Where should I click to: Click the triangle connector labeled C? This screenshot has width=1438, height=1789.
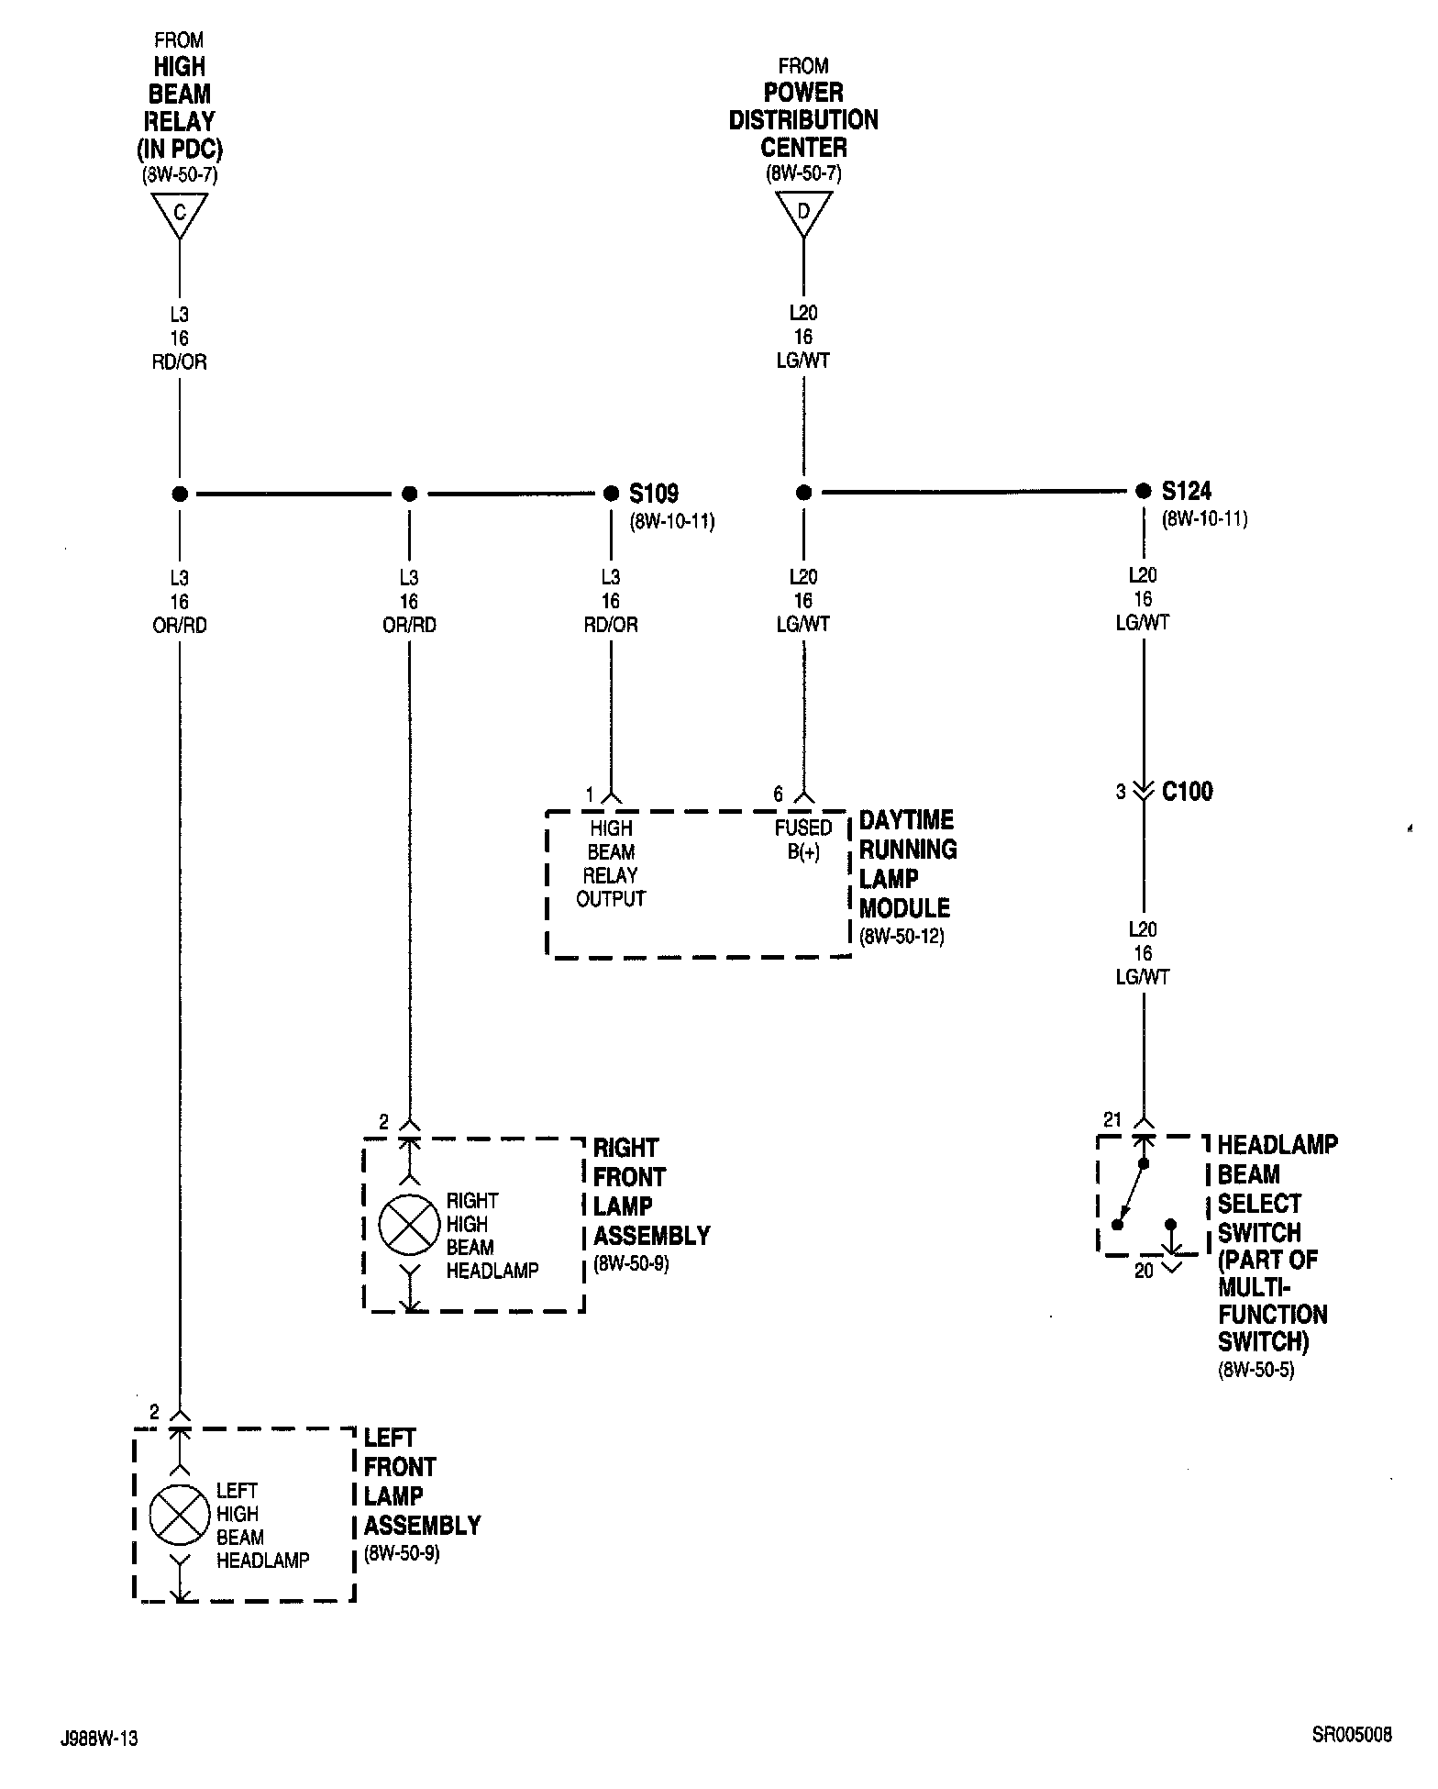click(180, 214)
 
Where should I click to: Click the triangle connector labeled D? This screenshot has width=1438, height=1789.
click(803, 212)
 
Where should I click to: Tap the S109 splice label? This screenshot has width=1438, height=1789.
click(654, 494)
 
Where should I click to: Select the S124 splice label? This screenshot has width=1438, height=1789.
click(1187, 491)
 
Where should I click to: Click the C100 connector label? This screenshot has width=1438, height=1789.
click(1187, 791)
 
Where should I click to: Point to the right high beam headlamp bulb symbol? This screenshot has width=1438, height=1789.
click(409, 1225)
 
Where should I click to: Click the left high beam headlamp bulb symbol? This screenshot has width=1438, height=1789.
click(180, 1514)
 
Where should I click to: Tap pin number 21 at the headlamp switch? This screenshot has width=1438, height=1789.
click(1112, 1119)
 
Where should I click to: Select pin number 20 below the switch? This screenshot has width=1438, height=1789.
click(1144, 1272)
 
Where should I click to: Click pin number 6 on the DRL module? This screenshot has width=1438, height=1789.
click(778, 794)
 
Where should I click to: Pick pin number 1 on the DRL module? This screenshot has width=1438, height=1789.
click(591, 794)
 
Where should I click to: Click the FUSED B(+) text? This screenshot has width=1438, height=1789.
click(803, 839)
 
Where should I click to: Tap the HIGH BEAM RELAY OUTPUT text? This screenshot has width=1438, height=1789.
click(611, 863)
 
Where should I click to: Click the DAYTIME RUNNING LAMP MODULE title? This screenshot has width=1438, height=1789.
click(907, 863)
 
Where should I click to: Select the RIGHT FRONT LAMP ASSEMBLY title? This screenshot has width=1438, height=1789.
click(651, 1191)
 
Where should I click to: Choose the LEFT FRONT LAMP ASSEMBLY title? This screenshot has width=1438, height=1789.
click(422, 1481)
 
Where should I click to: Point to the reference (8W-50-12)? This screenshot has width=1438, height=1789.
click(902, 936)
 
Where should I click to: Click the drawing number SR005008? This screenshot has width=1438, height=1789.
click(1351, 1735)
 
